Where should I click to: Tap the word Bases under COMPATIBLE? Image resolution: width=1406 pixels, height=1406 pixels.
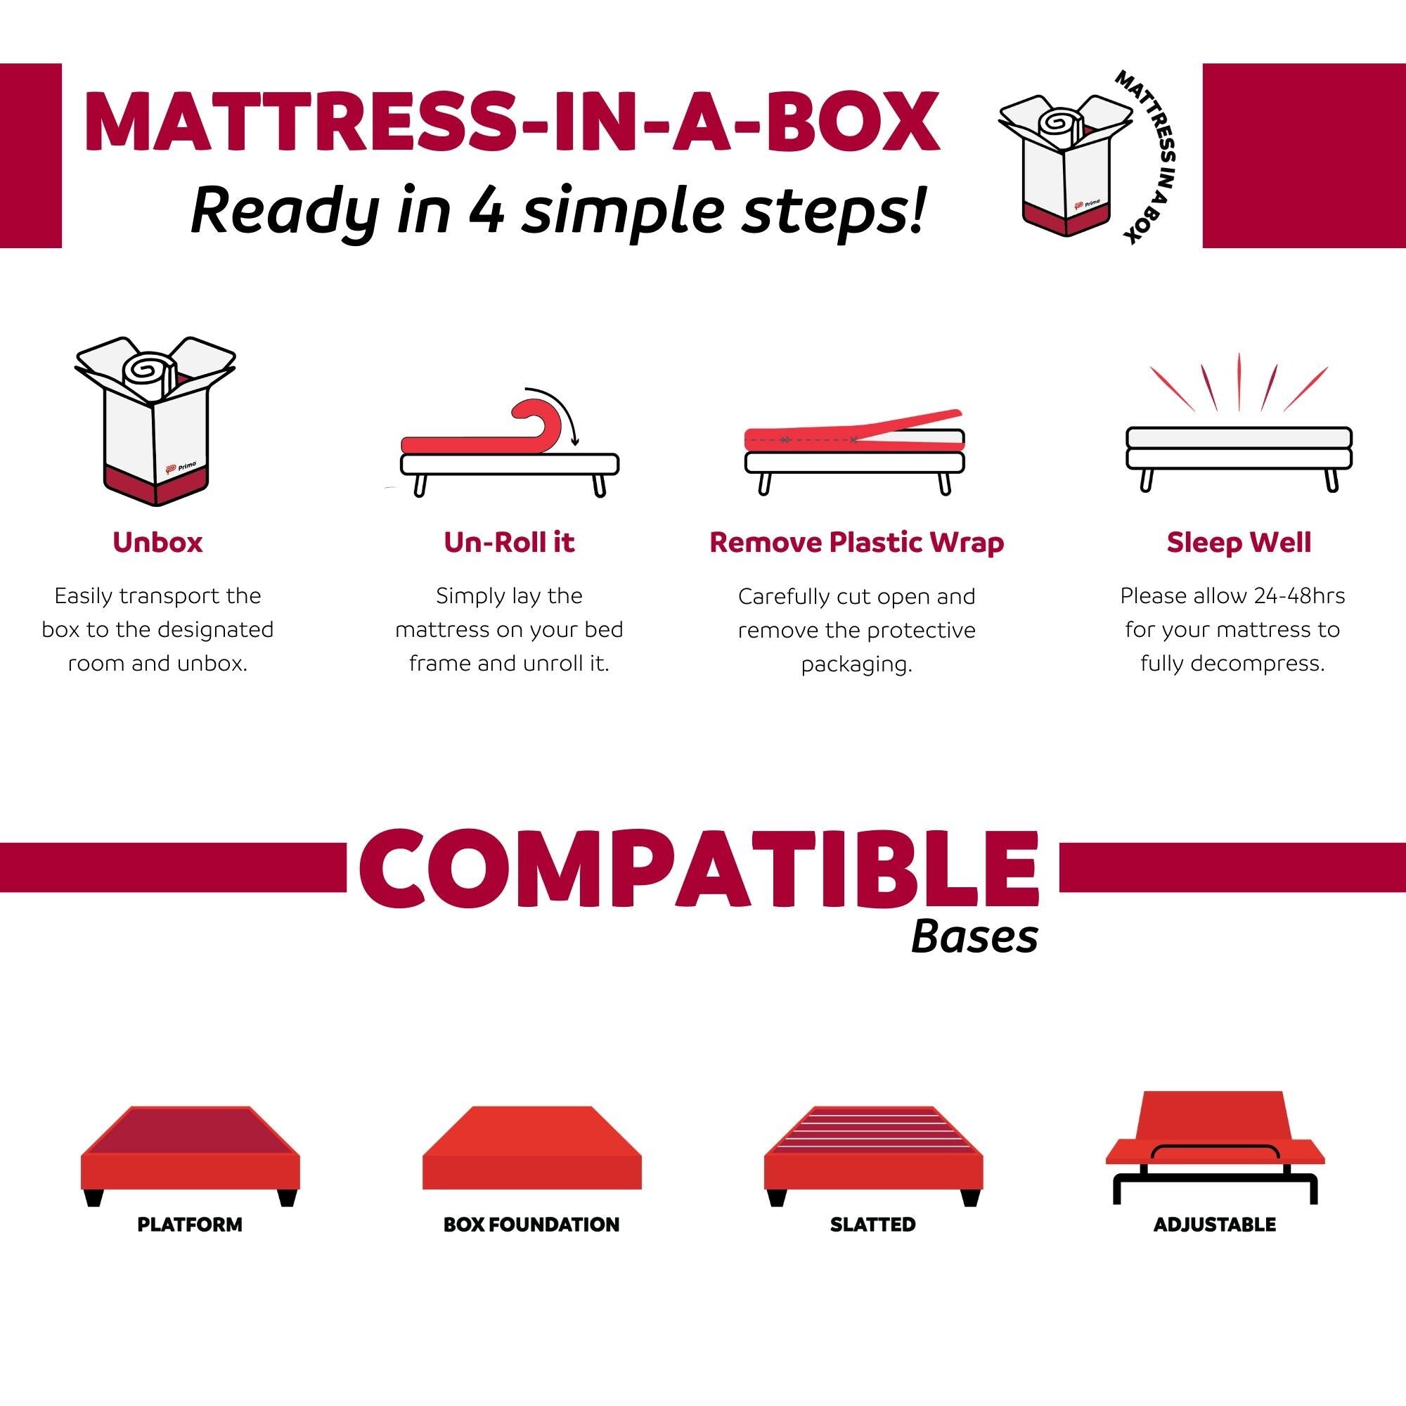click(974, 937)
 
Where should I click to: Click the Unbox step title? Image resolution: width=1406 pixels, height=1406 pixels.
click(157, 542)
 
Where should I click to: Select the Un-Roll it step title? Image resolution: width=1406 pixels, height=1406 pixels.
click(509, 542)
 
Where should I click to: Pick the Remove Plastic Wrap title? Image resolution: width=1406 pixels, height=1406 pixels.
click(856, 542)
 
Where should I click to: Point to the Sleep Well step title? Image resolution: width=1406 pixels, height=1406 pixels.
click(1239, 542)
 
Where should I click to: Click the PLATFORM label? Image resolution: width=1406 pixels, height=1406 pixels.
click(189, 1224)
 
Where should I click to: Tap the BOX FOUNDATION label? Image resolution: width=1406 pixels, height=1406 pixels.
click(531, 1224)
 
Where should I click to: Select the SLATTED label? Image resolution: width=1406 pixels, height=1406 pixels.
click(872, 1224)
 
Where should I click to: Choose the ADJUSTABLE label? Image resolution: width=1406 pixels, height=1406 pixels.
click(1215, 1224)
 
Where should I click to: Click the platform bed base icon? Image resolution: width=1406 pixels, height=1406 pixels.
click(189, 1157)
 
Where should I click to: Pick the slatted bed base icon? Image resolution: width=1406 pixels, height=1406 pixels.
click(872, 1157)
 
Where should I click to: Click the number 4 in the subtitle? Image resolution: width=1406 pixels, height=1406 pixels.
click(485, 212)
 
